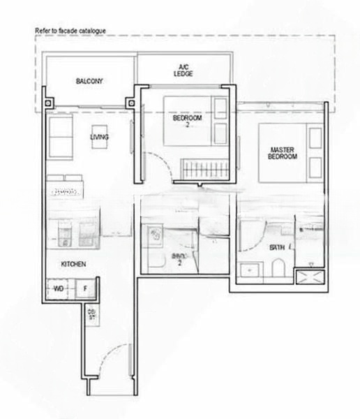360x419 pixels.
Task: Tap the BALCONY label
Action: click(89, 81)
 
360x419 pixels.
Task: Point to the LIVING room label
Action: click(99, 137)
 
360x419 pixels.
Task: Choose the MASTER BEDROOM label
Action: click(282, 153)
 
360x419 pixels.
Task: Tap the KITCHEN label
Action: click(73, 265)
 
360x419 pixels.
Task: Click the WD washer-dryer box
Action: click(59, 288)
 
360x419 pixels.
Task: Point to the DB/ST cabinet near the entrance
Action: click(91, 315)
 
